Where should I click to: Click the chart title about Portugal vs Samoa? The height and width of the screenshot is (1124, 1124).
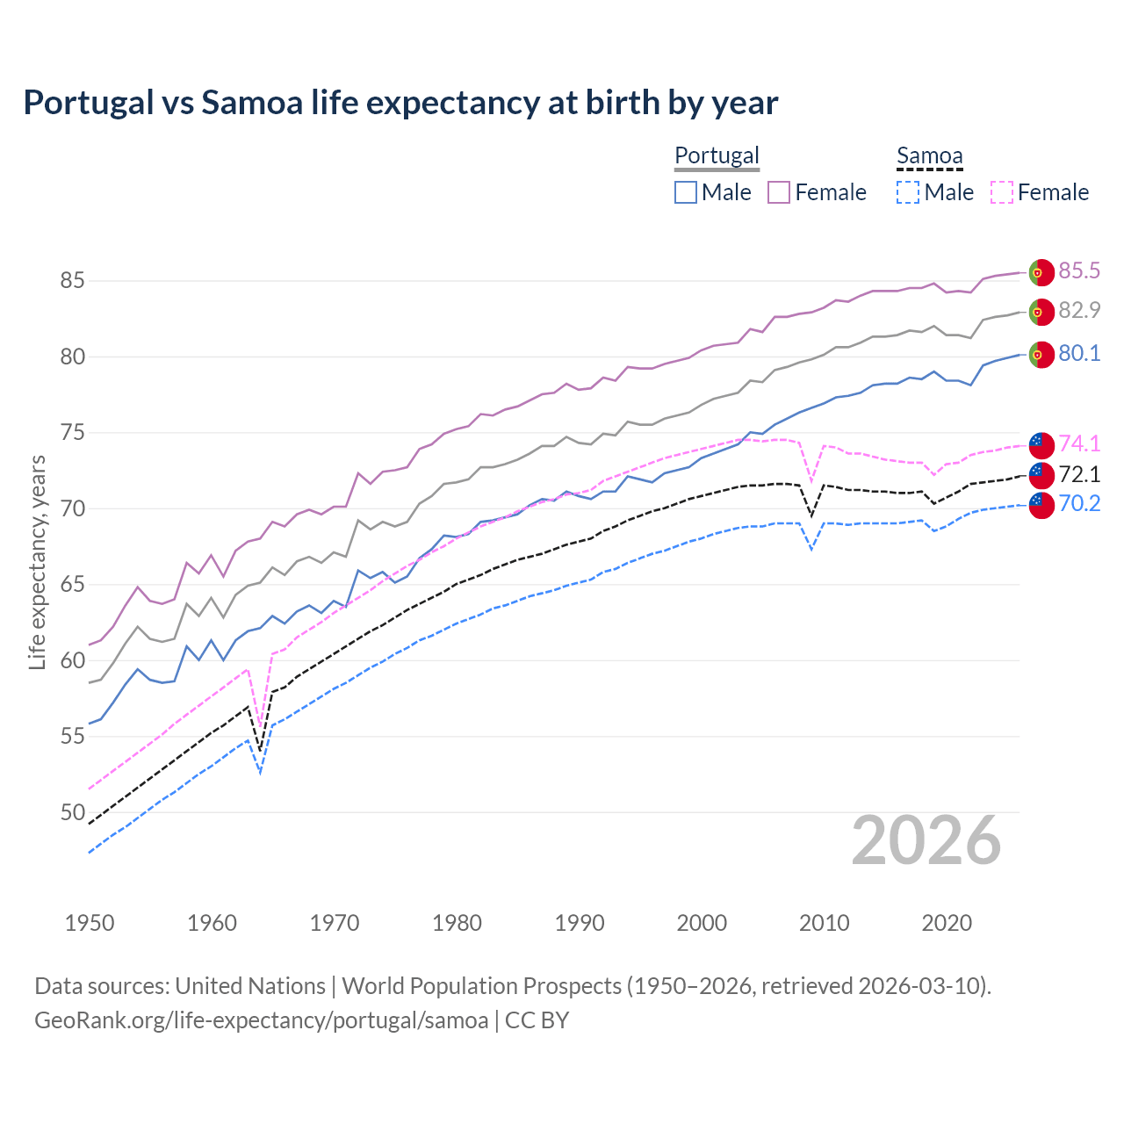tap(400, 103)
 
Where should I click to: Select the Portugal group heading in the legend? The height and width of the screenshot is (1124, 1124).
tap(717, 155)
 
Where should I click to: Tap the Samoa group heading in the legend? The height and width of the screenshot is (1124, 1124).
tap(929, 155)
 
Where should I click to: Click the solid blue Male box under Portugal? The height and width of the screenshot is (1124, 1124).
tap(686, 192)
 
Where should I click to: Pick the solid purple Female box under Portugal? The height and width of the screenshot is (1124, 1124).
tap(779, 192)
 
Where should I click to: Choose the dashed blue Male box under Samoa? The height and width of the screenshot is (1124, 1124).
tap(908, 192)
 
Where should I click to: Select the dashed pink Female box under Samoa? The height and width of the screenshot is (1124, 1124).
tap(1002, 192)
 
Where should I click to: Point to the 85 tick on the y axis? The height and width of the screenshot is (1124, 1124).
tap(72, 281)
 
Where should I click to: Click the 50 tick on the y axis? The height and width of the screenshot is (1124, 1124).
tap(72, 812)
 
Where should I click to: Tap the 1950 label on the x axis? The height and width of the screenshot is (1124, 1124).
tap(90, 923)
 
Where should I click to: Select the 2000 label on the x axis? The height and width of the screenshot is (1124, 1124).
tap(702, 923)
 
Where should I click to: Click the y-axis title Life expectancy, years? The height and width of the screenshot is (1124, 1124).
tap(37, 562)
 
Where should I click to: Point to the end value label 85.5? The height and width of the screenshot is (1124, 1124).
tap(1079, 270)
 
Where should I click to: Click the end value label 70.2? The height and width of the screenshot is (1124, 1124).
tap(1079, 503)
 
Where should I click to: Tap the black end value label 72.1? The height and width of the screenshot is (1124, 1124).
tap(1079, 474)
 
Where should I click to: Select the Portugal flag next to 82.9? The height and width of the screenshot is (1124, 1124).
tap(1041, 312)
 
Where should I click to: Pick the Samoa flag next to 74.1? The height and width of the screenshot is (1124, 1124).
tap(1041, 445)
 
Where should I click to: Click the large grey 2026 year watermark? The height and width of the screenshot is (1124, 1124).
tap(926, 840)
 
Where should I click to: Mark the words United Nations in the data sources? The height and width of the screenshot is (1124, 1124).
tap(250, 986)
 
